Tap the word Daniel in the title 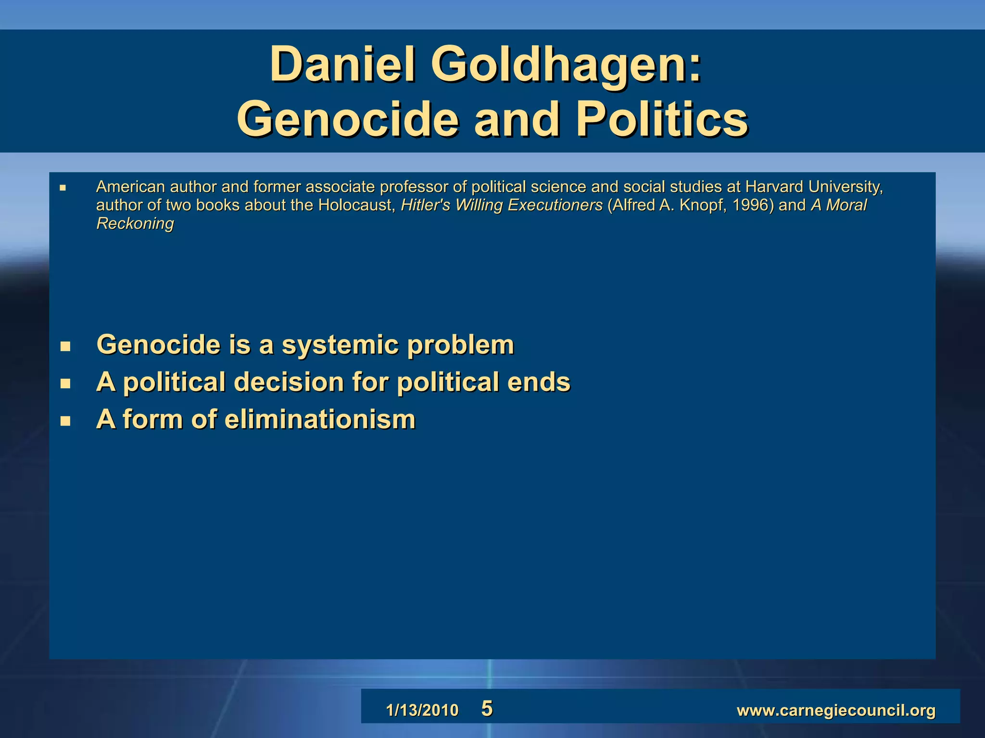point(342,65)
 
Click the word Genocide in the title point(347,120)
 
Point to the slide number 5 point(487,709)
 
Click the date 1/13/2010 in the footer point(422,710)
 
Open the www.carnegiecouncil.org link point(836,710)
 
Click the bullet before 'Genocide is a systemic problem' point(65,346)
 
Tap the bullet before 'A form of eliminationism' point(65,421)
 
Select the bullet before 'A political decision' point(65,383)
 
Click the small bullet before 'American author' point(63,188)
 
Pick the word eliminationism point(320,419)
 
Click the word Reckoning point(135,223)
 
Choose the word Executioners point(555,205)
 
